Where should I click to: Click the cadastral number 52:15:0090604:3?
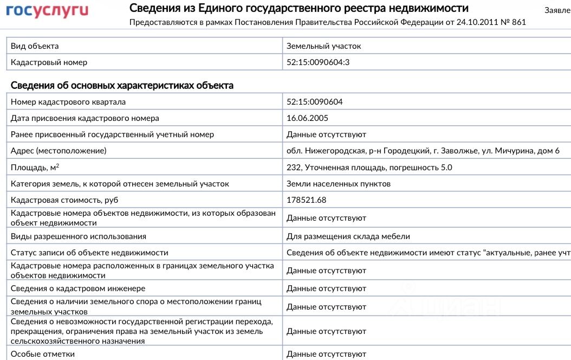[x=318, y=62]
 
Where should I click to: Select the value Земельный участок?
[x=323, y=46]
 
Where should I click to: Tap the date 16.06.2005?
[x=307, y=118]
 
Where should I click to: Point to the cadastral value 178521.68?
[x=306, y=200]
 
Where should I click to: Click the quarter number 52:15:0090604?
[x=314, y=102]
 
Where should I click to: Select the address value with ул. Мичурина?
[x=423, y=151]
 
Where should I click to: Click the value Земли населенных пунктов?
[x=338, y=184]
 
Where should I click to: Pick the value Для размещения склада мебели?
[x=348, y=236]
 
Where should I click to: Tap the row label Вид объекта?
[x=35, y=46]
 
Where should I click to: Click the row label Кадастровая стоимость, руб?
[x=64, y=200]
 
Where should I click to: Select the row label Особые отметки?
[x=43, y=354]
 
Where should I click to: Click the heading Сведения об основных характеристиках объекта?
[x=122, y=86]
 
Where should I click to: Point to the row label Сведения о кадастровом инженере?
[x=78, y=288]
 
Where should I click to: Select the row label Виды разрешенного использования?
[x=79, y=236]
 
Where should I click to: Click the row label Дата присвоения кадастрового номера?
[x=85, y=118]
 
